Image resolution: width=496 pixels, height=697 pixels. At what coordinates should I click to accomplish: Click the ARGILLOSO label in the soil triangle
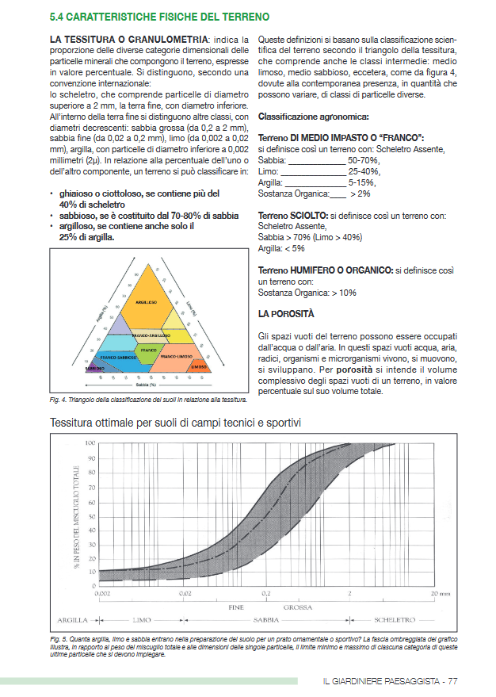coord(146,302)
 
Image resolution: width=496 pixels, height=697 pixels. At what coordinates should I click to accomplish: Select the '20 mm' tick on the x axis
coord(440,593)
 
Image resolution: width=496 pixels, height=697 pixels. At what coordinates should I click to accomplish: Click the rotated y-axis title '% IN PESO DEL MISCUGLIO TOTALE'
coord(76,515)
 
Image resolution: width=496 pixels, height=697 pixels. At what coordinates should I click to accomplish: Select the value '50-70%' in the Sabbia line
coord(363,159)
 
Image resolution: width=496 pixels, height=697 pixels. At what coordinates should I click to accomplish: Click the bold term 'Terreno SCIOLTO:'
coord(292,215)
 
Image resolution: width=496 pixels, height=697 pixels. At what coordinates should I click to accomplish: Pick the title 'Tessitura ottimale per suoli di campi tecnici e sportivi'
coord(175,423)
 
